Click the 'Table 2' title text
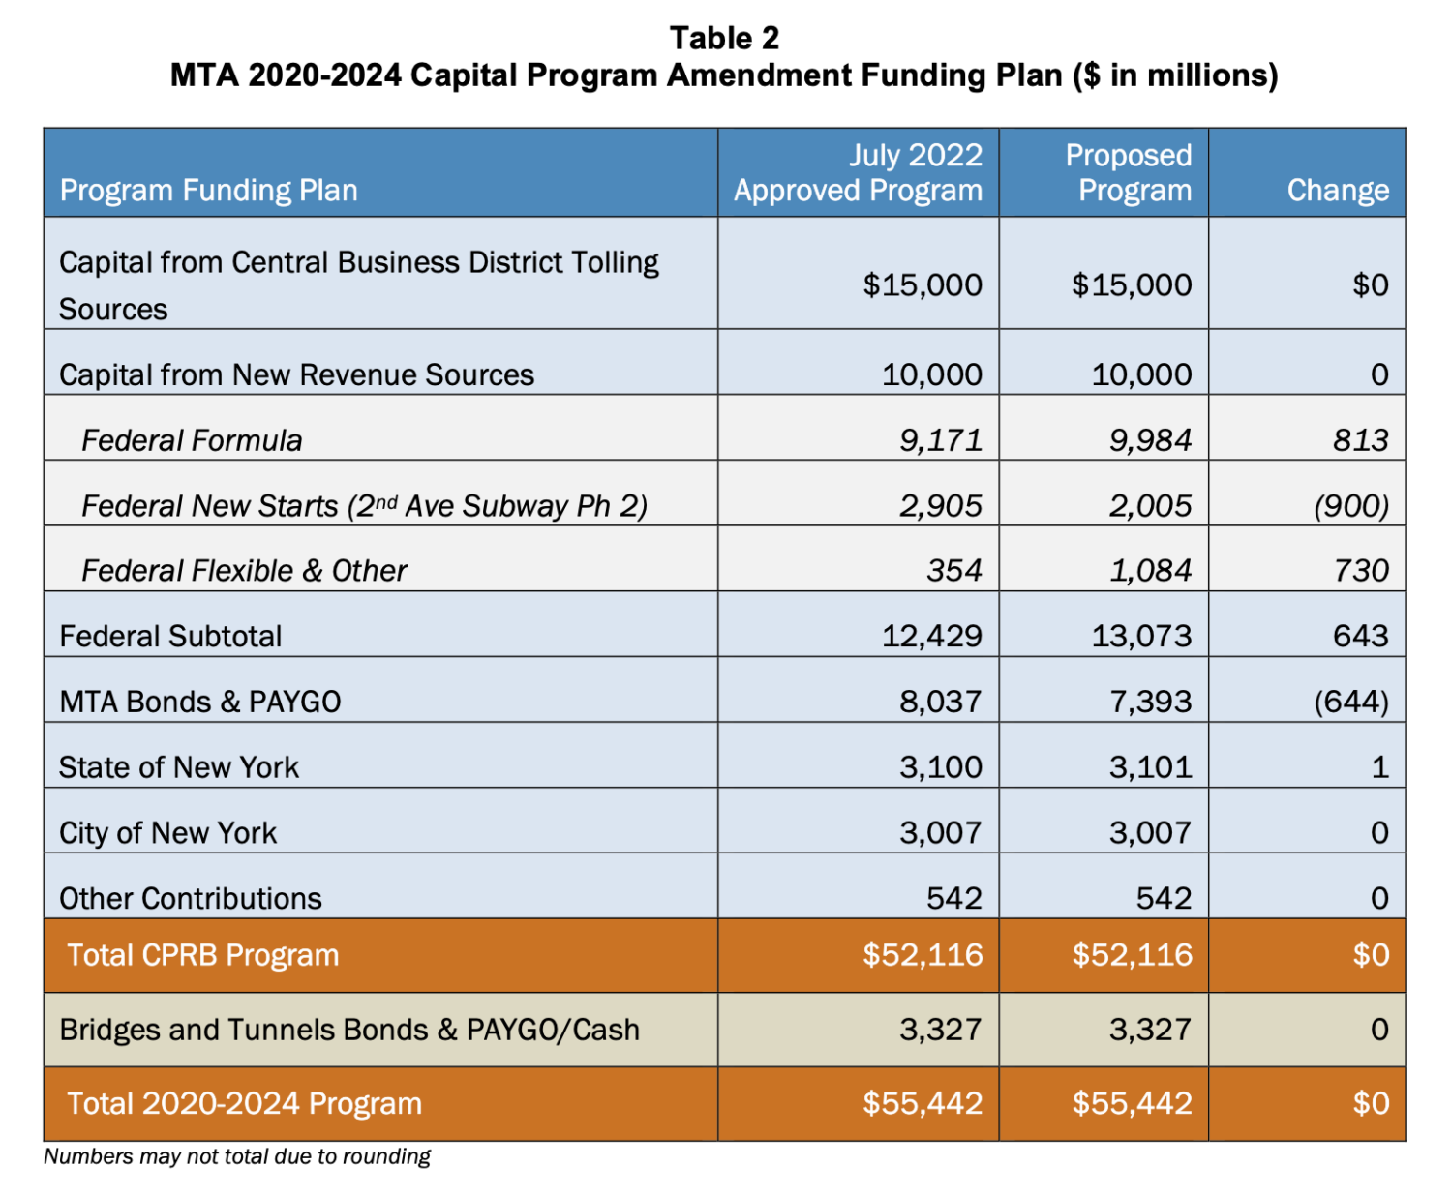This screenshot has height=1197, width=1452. pos(724,38)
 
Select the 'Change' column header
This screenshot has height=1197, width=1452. pos(1337,191)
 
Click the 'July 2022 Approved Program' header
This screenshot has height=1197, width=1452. pos(858,173)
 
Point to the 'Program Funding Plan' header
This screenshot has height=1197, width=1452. pos(208,191)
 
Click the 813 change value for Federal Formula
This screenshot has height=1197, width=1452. pos(1360,440)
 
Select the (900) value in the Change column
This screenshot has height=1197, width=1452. pos(1351,506)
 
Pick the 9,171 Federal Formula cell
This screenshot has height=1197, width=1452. pos(940,440)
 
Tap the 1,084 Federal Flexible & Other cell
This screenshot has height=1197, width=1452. pos(1150,571)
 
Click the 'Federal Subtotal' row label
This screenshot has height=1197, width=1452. pos(170,637)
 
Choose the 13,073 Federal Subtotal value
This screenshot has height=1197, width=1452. pos(1141,637)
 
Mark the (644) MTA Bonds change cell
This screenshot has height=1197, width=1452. pos(1351,702)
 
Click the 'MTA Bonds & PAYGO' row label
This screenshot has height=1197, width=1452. pos(200,702)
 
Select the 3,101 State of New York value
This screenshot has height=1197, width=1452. pos(1150,767)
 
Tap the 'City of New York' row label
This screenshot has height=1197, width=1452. pos(167,833)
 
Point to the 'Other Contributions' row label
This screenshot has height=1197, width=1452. pos(191,899)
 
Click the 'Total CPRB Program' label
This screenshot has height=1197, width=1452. pos(202,956)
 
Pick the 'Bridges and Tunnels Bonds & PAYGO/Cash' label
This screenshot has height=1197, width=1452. pos(349,1030)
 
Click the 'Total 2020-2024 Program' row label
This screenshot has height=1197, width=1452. pos(244,1104)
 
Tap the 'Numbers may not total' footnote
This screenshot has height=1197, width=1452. pos(237,1156)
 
